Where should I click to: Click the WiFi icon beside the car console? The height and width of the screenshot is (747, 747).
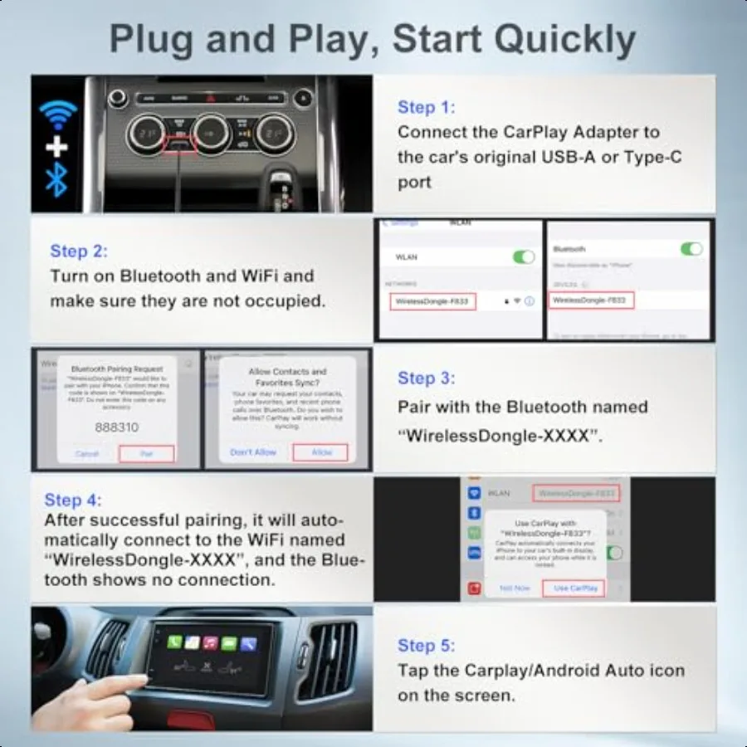click(x=56, y=115)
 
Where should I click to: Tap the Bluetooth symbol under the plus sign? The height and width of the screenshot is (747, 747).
click(x=56, y=179)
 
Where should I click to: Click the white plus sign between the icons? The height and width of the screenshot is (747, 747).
click(x=56, y=147)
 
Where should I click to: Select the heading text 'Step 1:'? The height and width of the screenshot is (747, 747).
click(x=426, y=107)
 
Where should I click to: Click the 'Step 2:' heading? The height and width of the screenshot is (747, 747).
click(x=79, y=251)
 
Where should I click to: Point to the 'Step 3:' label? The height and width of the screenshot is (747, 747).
click(x=426, y=378)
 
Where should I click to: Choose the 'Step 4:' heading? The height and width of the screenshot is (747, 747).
click(x=75, y=500)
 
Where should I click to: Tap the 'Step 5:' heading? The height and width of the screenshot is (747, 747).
click(x=427, y=645)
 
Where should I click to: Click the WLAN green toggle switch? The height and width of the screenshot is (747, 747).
click(x=524, y=257)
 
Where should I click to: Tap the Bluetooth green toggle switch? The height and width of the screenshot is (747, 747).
click(x=691, y=249)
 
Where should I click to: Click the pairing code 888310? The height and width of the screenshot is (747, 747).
click(x=117, y=427)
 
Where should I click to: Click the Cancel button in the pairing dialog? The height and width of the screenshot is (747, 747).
click(x=87, y=454)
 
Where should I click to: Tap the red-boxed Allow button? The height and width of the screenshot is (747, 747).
click(x=320, y=452)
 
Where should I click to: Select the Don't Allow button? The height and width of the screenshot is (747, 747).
click(x=253, y=452)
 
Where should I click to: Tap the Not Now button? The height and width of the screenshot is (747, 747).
click(x=515, y=588)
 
